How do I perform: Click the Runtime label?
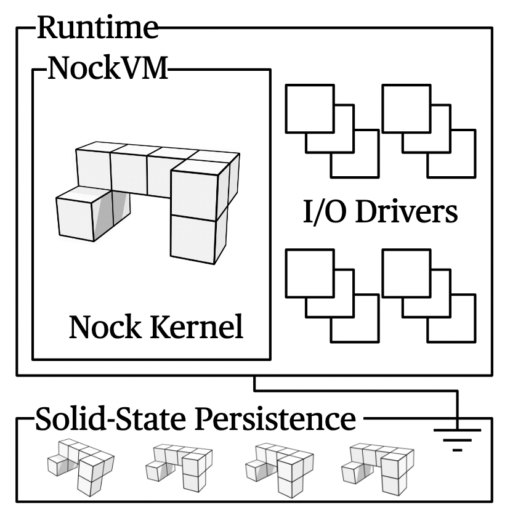97,28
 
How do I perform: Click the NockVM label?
106,69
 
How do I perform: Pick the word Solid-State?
112,420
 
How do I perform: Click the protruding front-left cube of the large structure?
83,214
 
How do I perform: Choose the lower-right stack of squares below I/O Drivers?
428,295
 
